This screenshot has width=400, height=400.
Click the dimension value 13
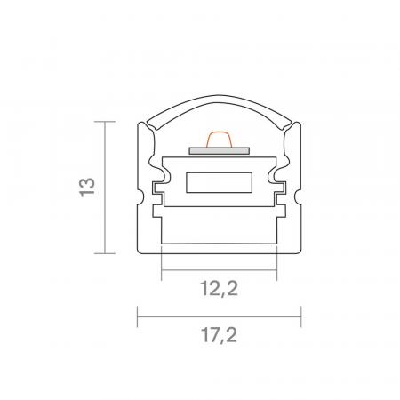pos(85,188)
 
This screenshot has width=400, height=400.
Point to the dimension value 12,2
pos(219,287)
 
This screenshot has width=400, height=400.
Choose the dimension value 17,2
pos(219,335)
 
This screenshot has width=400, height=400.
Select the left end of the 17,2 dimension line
pos(137,315)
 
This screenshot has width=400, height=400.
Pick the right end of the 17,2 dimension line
pos(301,315)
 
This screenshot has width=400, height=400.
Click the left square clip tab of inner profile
pos(158,190)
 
